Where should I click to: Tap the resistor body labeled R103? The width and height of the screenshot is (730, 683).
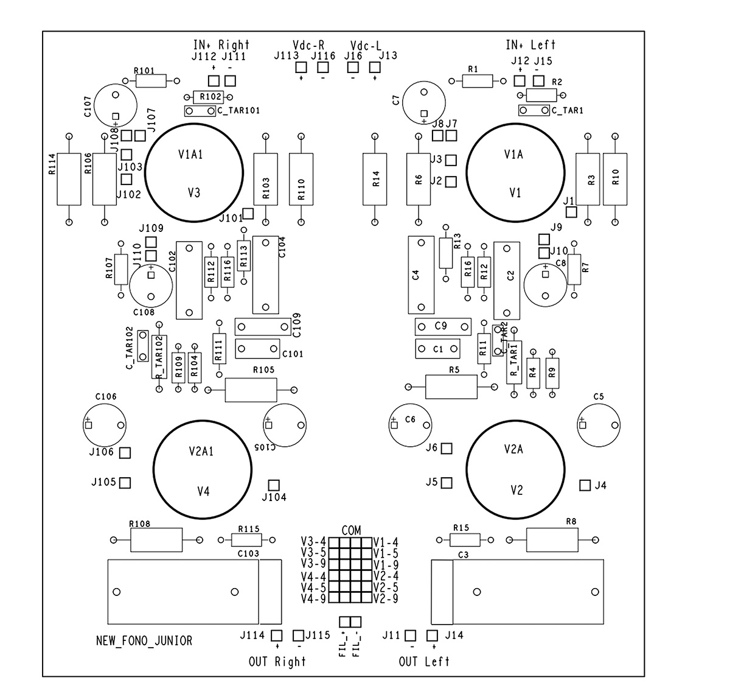tap(265, 179)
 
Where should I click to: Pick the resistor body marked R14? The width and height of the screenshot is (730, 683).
tap(375, 179)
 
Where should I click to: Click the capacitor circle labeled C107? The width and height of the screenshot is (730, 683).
tap(95, 105)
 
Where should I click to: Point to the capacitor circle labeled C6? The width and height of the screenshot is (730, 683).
tap(389, 425)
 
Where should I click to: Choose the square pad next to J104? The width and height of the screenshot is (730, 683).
tap(274, 485)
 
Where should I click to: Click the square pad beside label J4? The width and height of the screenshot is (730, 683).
tap(585, 485)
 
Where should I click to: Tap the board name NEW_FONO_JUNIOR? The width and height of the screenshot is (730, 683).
tap(144, 640)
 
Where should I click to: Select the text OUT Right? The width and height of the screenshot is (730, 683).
tap(277, 661)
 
